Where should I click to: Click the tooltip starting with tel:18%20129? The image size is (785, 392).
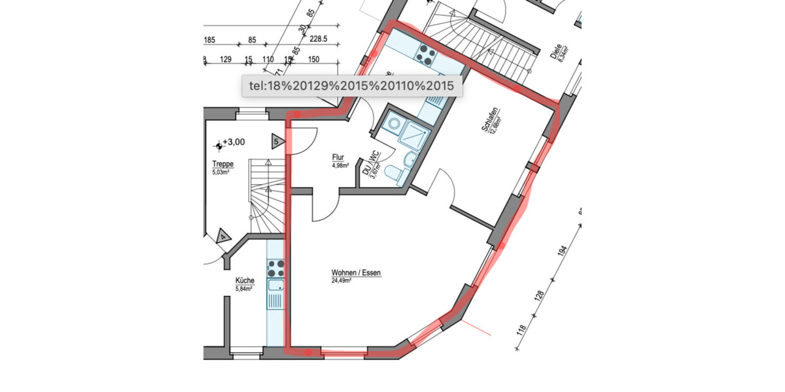pyautogui.click(x=352, y=86)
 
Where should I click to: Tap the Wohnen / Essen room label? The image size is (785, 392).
pyautogui.click(x=356, y=273)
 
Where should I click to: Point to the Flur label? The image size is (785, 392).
pyautogui.click(x=338, y=157)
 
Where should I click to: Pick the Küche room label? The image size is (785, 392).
pyautogui.click(x=245, y=281)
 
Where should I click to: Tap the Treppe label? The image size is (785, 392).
pyautogui.click(x=222, y=165)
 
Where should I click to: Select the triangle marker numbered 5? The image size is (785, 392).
pyautogui.click(x=277, y=141)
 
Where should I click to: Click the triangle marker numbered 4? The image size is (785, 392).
pyautogui.click(x=223, y=235)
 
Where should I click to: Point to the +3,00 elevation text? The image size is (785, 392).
pyautogui.click(x=233, y=142)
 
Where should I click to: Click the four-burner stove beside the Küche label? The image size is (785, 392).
pyautogui.click(x=276, y=267)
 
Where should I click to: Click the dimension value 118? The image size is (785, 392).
pyautogui.click(x=521, y=330)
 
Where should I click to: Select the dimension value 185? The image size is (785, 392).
pyautogui.click(x=209, y=41)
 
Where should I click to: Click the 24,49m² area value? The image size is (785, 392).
pyautogui.click(x=341, y=281)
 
